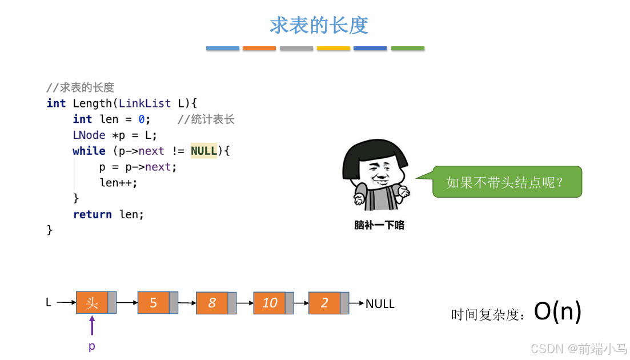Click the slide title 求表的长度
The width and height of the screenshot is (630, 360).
coord(319,25)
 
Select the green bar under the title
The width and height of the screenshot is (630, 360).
coord(407,49)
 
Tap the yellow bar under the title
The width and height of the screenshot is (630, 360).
coord(334,49)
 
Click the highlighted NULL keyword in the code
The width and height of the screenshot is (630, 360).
coord(204,151)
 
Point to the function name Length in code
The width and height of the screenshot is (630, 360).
coord(92,103)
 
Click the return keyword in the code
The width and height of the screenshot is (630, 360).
coord(92,214)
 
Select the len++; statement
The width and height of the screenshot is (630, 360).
coord(118,183)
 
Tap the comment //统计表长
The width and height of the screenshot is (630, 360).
coord(206,119)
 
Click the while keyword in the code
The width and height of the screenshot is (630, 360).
coord(89,151)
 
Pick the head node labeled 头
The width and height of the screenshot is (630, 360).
coord(92,302)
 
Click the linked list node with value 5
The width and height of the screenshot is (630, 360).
coord(153,302)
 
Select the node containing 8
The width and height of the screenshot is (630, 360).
coord(212,303)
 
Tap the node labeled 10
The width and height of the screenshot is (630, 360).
coord(270,303)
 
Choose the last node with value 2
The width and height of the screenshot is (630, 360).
coord(324,303)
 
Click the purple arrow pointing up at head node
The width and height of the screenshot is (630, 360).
coord(92,326)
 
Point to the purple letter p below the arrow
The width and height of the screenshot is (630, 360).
coord(92,346)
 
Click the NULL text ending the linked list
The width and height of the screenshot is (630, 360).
coord(380,304)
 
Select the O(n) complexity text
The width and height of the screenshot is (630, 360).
coord(557,311)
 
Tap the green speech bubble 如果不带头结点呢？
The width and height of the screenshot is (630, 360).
coord(507,182)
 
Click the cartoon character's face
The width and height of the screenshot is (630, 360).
coord(379,173)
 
